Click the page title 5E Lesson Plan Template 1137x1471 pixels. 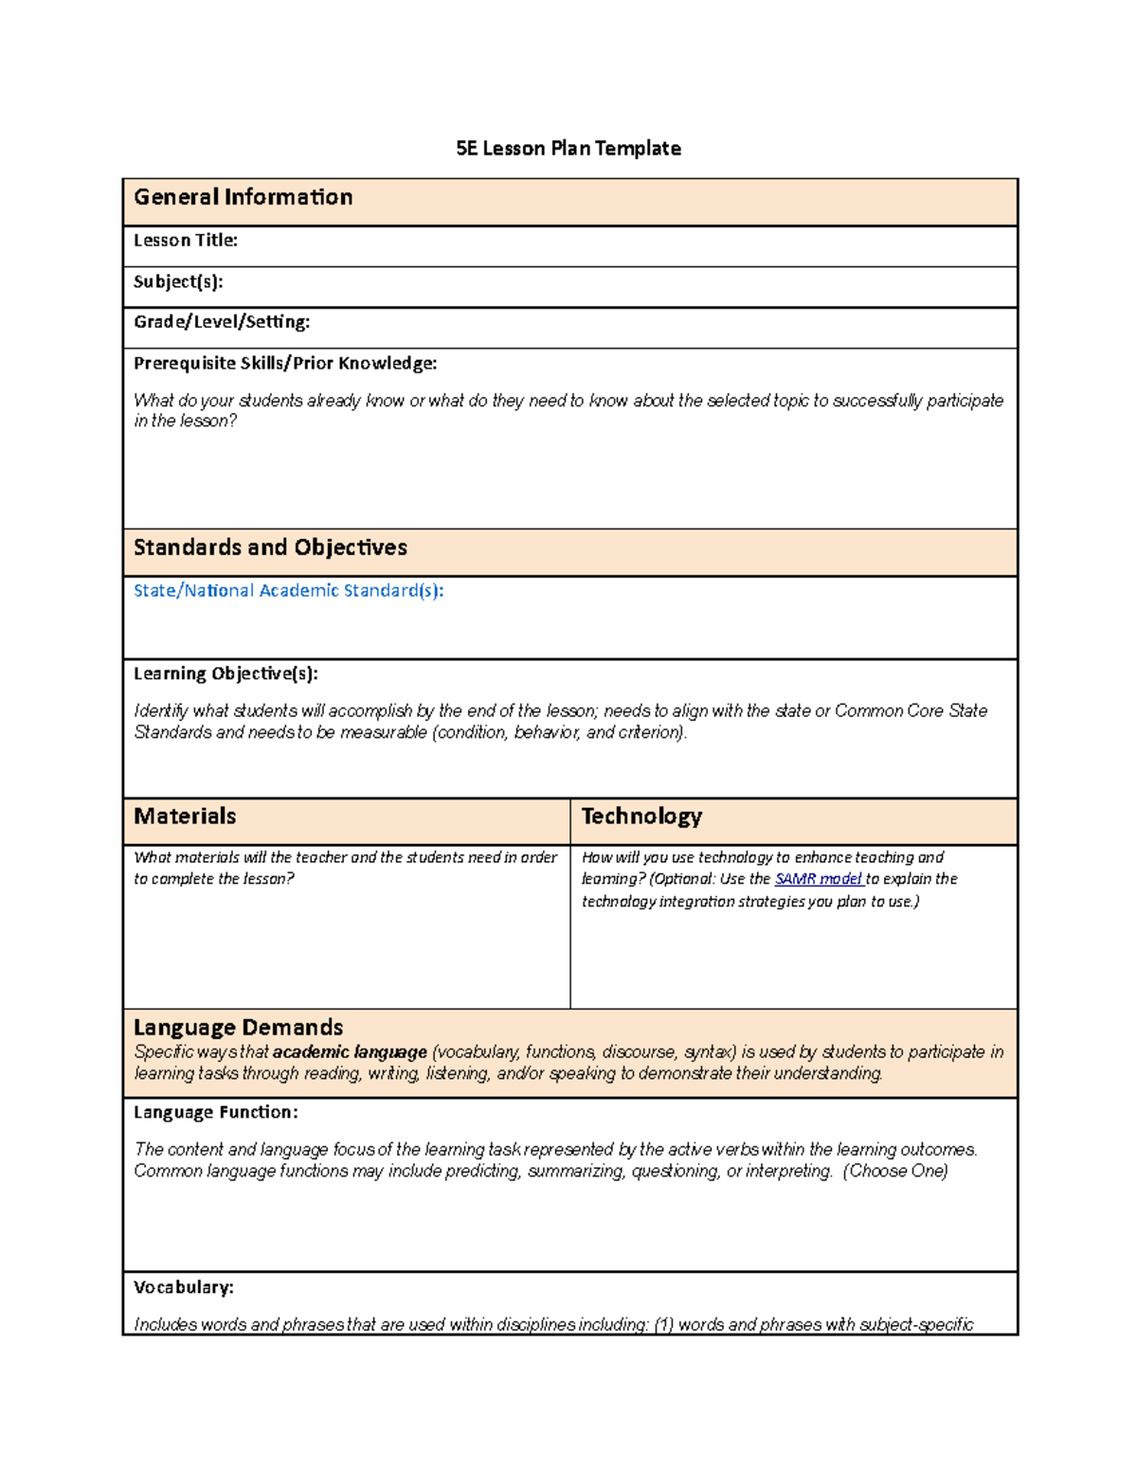[568, 149]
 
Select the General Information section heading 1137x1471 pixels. [243, 197]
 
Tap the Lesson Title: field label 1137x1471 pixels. [185, 241]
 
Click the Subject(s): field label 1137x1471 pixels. [178, 281]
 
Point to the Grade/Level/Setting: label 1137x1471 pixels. [222, 322]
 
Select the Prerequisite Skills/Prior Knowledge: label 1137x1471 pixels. [285, 363]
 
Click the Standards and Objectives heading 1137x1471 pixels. [270, 547]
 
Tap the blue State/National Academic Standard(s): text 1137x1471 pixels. [288, 591]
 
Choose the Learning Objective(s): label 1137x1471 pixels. [226, 673]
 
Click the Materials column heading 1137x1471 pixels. [185, 816]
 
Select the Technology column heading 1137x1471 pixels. [641, 816]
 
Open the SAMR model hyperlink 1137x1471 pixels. [818, 879]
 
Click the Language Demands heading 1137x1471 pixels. [238, 1028]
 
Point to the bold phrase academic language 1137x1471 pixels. [350, 1052]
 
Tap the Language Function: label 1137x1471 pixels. [215, 1112]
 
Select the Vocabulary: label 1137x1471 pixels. [183, 1287]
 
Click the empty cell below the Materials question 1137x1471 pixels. [346, 947]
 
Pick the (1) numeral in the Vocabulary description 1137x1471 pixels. [663, 1325]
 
